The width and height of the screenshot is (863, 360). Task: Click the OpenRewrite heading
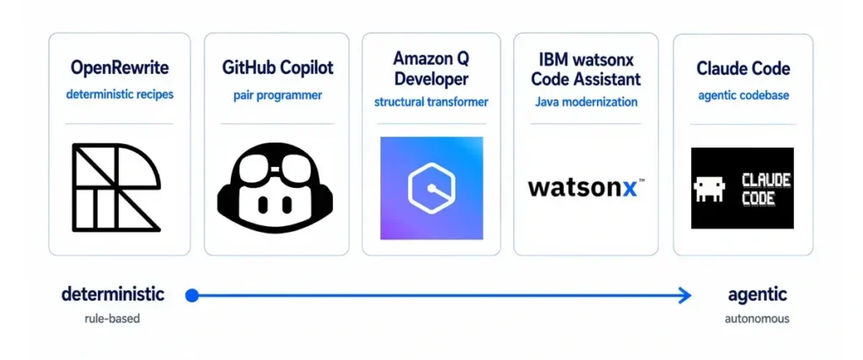pos(120,68)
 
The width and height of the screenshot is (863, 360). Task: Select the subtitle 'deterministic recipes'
pos(120,94)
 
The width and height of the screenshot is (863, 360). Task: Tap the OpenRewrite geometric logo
pos(116,187)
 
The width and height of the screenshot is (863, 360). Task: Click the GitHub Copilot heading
pos(277,68)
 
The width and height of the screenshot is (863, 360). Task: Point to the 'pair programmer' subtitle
pos(277,95)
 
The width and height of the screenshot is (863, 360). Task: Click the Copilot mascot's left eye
pos(263,205)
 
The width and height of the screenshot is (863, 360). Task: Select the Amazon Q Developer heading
pos(431,67)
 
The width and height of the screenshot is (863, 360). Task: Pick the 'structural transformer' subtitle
pos(431,102)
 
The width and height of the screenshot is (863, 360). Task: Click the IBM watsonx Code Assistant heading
pos(586,67)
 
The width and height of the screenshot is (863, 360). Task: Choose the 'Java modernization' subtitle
pos(586,102)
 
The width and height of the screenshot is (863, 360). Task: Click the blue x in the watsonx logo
pos(630,188)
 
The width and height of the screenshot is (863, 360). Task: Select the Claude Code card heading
pos(743,68)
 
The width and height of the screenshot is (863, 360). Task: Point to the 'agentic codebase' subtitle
pos(743,95)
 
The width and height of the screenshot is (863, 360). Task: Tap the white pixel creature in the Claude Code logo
pos(710,189)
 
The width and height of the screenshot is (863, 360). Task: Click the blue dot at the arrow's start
pos(191,296)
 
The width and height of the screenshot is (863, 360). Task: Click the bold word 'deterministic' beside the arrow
pos(112,294)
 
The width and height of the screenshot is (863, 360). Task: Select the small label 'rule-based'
pos(112,318)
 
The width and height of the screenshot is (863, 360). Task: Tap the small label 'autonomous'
pos(757,318)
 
